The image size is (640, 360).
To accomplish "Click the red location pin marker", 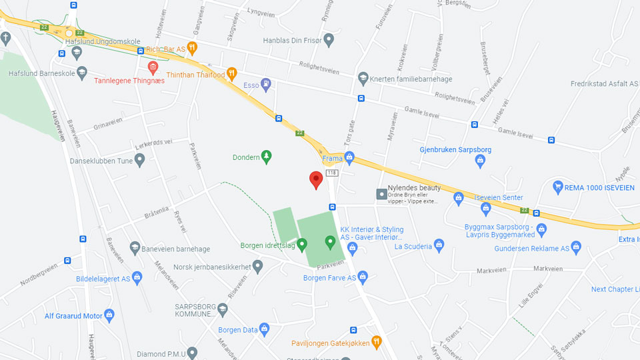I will pos(317,179).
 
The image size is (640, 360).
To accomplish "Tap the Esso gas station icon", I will pos(267,85).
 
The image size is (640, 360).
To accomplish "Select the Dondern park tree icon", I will pos(267,157).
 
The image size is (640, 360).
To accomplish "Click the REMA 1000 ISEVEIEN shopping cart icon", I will pos(558,187).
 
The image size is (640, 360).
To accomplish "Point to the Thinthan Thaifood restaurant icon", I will pos(232,74).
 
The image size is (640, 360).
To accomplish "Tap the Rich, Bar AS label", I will pos(165,49).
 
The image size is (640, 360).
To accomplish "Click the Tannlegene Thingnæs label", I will pos(129,81).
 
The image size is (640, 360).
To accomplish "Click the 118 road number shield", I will pos(332,173).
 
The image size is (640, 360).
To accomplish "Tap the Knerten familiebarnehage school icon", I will pos(363,79).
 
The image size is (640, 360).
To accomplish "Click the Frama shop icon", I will pos(349,158).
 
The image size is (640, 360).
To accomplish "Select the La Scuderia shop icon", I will pos(439,245).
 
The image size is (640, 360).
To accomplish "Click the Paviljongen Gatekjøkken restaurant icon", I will pos(376,343).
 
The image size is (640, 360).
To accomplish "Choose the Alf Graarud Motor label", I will pos(73,315).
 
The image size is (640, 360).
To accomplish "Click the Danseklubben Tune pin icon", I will pos(139,160).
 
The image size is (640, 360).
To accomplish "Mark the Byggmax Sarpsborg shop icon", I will pos(541,230).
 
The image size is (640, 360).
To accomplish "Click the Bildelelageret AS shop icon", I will pos(137,277).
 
